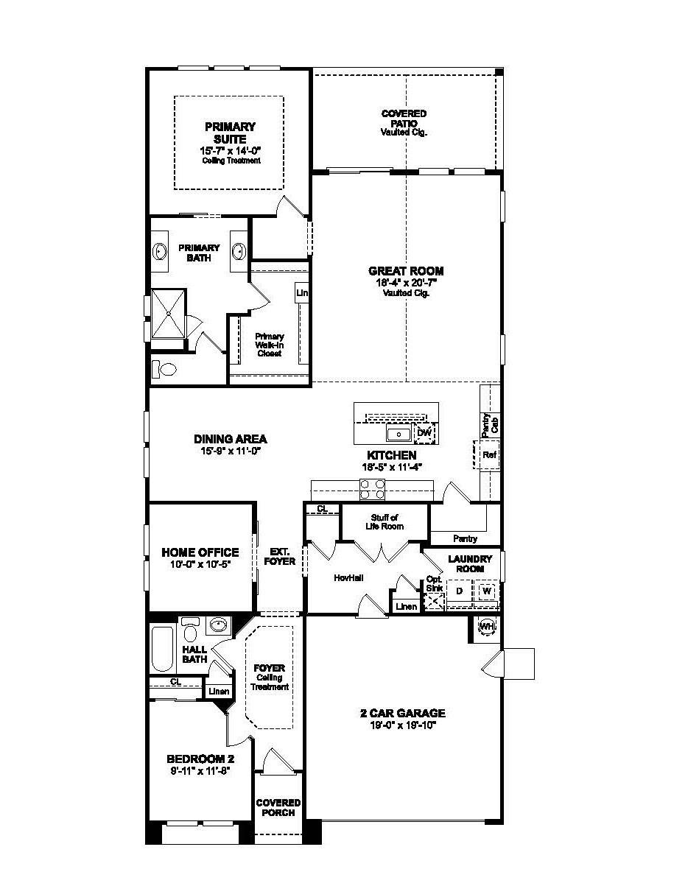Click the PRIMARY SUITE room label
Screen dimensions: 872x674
(230, 133)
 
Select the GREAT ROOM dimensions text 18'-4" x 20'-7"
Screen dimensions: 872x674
(406, 282)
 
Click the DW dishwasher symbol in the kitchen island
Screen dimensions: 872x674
(424, 433)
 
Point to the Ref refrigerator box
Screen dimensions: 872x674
(489, 455)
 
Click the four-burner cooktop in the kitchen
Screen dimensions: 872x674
(372, 489)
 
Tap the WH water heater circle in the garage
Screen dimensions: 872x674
(486, 627)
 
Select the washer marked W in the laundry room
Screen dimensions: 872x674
(486, 591)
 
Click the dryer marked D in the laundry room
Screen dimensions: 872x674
(459, 591)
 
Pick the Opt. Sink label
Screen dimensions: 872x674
(433, 583)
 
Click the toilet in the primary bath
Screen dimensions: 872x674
(164, 368)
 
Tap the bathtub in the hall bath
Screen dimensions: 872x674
(161, 648)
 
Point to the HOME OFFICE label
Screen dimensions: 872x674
(200, 552)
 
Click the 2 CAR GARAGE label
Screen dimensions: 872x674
(402, 713)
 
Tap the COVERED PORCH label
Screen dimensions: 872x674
(278, 807)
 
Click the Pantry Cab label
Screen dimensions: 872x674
(490, 426)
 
